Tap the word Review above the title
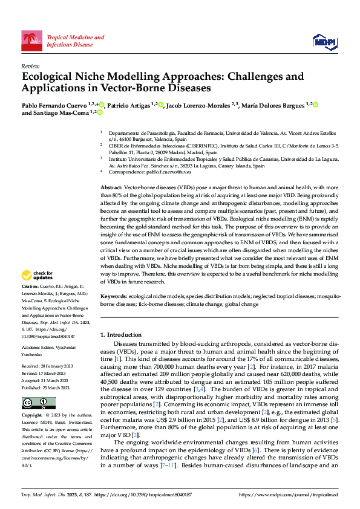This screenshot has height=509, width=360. coord(30,66)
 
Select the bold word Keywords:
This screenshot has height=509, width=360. coord(114,297)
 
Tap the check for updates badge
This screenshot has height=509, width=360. coord(38,275)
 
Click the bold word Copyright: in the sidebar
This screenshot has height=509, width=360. coord(33,416)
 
